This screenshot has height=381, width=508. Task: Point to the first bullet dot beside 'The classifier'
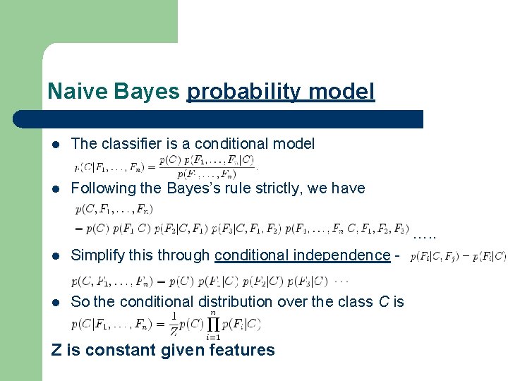coord(56,144)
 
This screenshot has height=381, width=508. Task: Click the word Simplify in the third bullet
coord(97,255)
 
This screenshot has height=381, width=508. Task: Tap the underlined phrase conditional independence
coord(302,255)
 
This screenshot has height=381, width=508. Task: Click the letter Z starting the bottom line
coord(56,350)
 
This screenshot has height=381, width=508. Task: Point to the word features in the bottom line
coord(243,350)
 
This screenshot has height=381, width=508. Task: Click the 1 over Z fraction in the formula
coord(174,325)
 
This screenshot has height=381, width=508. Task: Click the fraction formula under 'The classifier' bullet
coord(165,167)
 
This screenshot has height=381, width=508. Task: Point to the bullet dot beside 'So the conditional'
coord(56,302)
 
